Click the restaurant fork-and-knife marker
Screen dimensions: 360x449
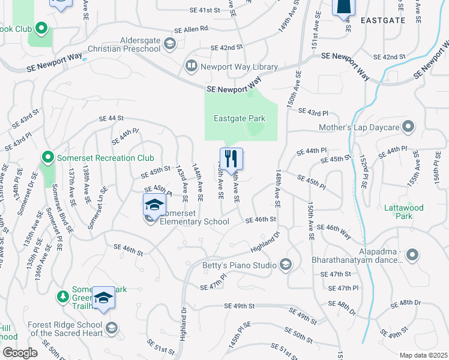(x=231, y=159)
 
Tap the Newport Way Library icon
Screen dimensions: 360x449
(x=191, y=67)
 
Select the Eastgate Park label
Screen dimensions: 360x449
(x=240, y=118)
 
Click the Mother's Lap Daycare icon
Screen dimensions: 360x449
(x=409, y=127)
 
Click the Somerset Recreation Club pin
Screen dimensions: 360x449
(x=48, y=158)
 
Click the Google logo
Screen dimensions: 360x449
(x=19, y=352)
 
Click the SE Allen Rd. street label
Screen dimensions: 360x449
(x=191, y=29)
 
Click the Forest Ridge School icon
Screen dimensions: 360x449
(x=111, y=328)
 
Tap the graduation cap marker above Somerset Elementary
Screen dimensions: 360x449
(x=154, y=205)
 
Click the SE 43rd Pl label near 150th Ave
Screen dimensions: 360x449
(x=318, y=112)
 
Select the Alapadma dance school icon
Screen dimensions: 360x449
(x=412, y=256)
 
